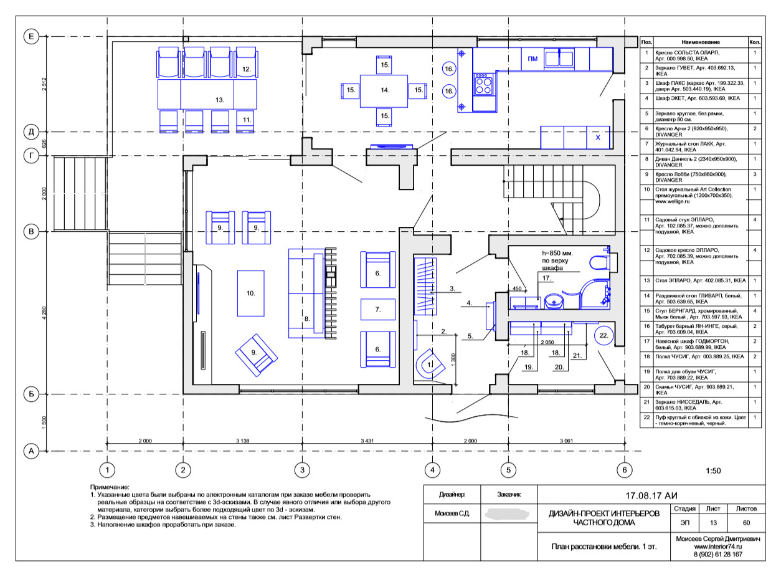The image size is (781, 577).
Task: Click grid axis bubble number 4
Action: [432, 470]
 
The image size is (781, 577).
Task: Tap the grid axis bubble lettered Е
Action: [31, 36]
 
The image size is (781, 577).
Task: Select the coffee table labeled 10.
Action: [251, 293]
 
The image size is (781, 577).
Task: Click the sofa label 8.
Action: [307, 319]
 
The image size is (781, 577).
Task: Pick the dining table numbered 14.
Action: [384, 91]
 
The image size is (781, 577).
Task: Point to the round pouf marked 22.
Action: [603, 335]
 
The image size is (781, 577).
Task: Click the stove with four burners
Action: [483, 84]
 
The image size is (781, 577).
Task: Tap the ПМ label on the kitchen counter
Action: [532, 59]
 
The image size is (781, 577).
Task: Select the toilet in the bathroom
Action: [601, 262]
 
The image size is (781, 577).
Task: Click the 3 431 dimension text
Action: [367, 441]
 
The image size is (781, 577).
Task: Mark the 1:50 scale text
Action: [713, 470]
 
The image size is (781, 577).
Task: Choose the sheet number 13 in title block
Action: [713, 523]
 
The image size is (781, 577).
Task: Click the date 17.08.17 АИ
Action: [651, 495]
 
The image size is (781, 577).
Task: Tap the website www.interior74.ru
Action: [717, 546]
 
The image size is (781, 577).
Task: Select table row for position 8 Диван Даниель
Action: [701, 161]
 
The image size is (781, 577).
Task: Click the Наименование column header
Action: [701, 42]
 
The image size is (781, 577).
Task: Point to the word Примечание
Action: [110, 487]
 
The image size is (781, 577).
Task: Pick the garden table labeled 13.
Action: [207, 95]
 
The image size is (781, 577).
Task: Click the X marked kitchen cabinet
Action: [598, 137]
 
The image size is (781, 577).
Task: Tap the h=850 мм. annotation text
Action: [557, 253]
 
